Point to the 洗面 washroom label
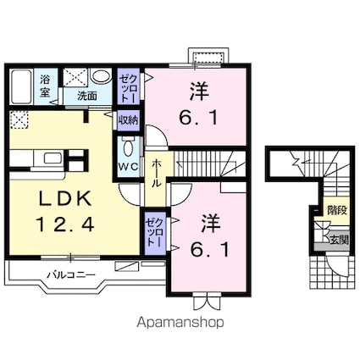(87, 96)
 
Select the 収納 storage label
(129, 119)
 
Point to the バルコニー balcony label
(69, 274)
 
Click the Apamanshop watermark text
(180, 322)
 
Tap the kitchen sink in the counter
(49, 158)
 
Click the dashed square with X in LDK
(19, 119)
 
